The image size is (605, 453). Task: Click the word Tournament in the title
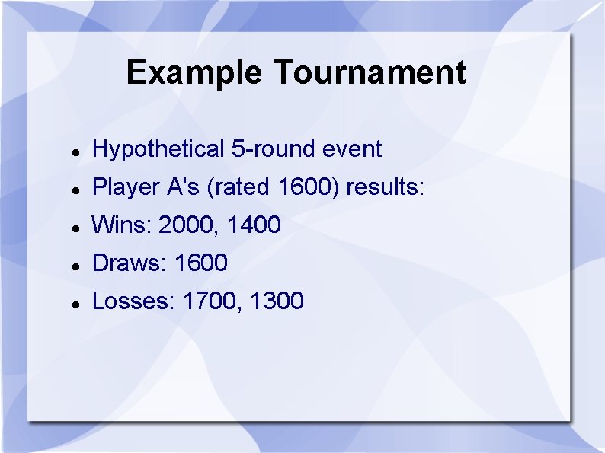(x=369, y=73)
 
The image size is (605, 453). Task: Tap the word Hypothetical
(x=158, y=149)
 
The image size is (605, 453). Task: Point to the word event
(x=352, y=149)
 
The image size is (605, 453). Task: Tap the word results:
(x=386, y=187)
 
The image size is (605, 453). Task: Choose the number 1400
(x=254, y=225)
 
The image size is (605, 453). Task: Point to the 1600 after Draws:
(x=201, y=263)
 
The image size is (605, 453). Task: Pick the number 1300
(x=277, y=301)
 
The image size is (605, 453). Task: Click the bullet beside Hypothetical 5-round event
(x=76, y=152)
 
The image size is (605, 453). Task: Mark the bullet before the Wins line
(x=76, y=228)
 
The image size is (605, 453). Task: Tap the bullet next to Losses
(x=76, y=304)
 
